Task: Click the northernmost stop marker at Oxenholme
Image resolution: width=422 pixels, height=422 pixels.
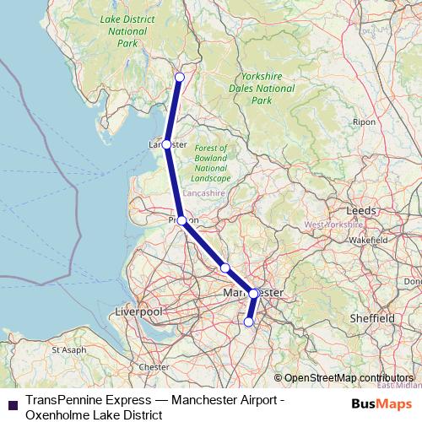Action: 179,77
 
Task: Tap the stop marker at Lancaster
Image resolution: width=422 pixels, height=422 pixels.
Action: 167,144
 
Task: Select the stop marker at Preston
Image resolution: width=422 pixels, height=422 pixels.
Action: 181,220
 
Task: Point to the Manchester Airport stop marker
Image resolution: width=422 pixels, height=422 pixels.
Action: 248,322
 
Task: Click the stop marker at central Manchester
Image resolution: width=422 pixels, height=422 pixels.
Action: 253,294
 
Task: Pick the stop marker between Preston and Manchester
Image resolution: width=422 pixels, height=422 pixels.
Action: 225,268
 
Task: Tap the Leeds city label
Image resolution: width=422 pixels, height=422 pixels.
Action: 361,210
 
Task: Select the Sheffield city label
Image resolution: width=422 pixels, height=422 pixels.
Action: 372,318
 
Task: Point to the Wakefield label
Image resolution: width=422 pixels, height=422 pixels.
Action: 368,241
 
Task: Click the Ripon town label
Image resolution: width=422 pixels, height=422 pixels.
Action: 365,122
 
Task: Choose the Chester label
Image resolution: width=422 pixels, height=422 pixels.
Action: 154,367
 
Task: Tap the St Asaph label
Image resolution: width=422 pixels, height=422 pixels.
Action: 68,349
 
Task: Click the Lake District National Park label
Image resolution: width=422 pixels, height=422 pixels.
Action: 123,30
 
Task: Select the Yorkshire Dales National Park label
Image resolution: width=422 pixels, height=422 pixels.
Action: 262,87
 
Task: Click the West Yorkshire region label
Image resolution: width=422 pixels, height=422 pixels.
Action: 333,225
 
